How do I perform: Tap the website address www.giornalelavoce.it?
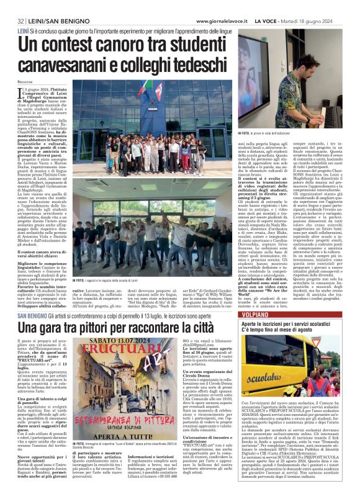229,22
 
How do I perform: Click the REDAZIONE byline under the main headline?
25,81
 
